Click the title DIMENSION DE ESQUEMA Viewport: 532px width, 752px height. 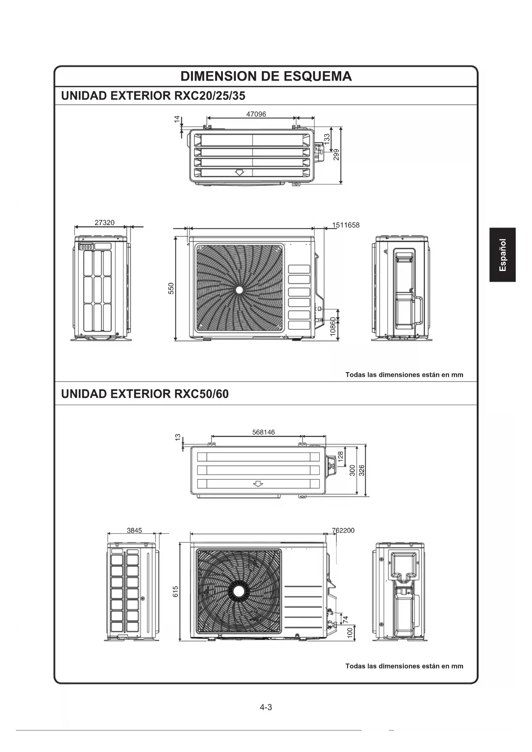pyautogui.click(x=266, y=76)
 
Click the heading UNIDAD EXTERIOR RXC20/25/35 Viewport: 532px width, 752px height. pyautogui.click(x=153, y=96)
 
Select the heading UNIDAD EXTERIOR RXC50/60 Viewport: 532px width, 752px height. pyautogui.click(x=145, y=394)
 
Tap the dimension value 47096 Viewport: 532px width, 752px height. pyautogui.click(x=256, y=114)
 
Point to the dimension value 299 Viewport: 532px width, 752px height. pyautogui.click(x=337, y=154)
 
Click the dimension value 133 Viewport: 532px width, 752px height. pyautogui.click(x=327, y=139)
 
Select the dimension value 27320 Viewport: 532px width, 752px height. pyautogui.click(x=105, y=223)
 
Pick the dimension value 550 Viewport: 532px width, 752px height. pyautogui.click(x=171, y=289)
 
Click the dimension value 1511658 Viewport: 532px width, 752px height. pyautogui.click(x=346, y=225)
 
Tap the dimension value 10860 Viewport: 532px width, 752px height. pyautogui.click(x=333, y=327)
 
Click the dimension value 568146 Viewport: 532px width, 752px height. pyautogui.click(x=264, y=432)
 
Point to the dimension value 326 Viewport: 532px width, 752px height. pyautogui.click(x=361, y=470)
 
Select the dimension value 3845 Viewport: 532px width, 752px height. pyautogui.click(x=134, y=530)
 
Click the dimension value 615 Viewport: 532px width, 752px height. pyautogui.click(x=175, y=592)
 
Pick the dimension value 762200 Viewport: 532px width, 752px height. pyautogui.click(x=343, y=530)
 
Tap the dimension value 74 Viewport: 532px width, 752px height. pyautogui.click(x=346, y=619)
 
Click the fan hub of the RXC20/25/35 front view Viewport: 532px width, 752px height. pyautogui.click(x=239, y=290)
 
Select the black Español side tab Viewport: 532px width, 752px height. pyautogui.click(x=502, y=255)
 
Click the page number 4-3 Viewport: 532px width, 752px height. pyautogui.click(x=266, y=707)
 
